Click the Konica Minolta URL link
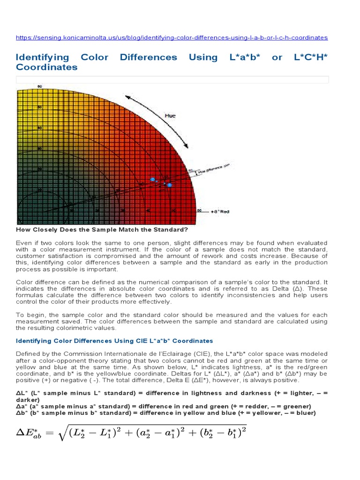click(x=172, y=37)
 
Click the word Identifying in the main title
click(x=42, y=57)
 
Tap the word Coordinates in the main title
click(x=47, y=67)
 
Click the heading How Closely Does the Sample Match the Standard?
click(x=102, y=230)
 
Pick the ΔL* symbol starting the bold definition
click(x=21, y=393)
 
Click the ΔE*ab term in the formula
click(x=30, y=434)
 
